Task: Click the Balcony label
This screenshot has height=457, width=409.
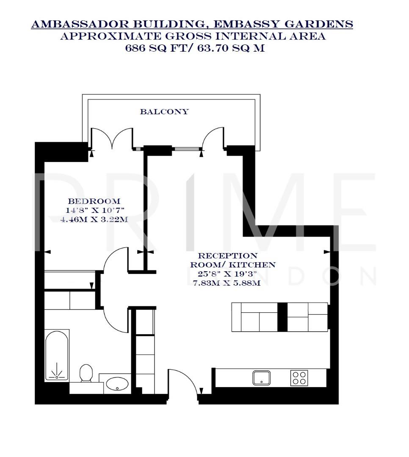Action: point(164,112)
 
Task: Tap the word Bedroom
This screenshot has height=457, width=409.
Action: point(94,201)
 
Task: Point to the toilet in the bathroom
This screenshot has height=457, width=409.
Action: point(86,373)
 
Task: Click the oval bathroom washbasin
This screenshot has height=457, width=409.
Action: point(118,384)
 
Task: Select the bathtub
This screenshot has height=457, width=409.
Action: point(57,355)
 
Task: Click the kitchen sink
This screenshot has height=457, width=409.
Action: point(262,377)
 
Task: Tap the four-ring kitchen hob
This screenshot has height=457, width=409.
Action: point(298,377)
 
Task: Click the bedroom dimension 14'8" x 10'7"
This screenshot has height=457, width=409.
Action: point(95,211)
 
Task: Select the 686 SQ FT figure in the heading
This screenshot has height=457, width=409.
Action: point(150,48)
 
